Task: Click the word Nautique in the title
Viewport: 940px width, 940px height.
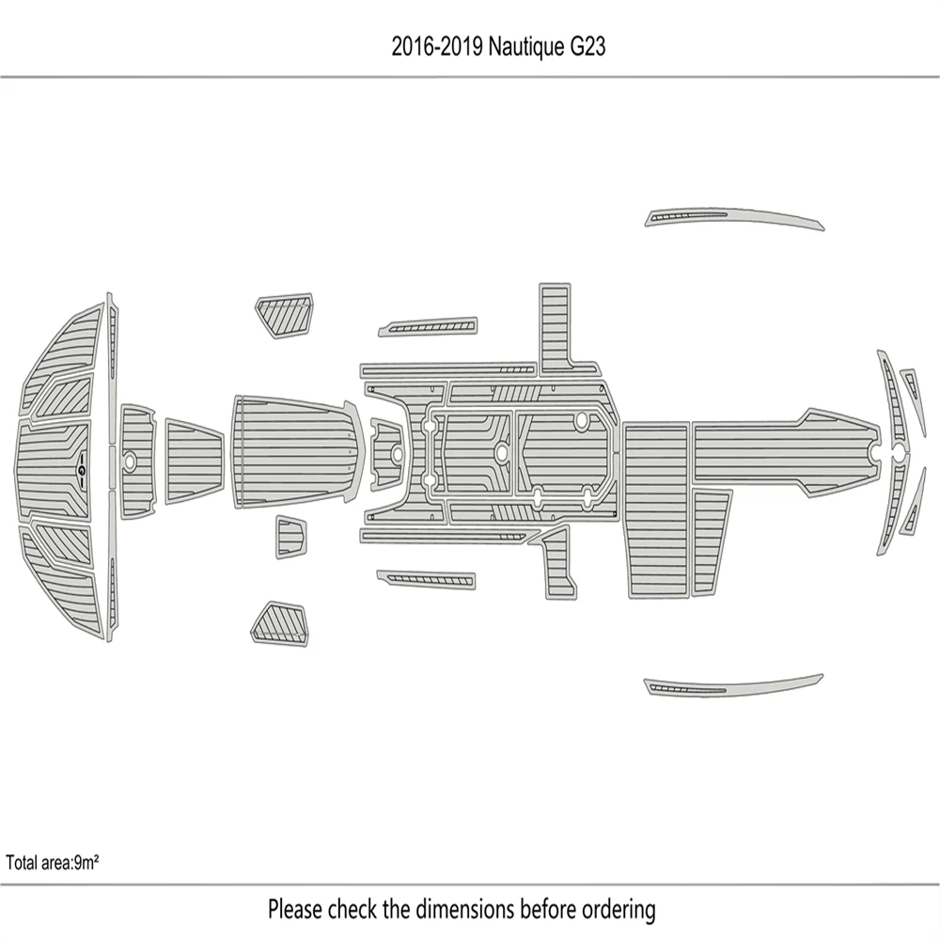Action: pos(525,47)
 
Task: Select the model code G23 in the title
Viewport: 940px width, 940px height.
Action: pos(587,46)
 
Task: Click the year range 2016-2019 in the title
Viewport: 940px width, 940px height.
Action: pos(437,46)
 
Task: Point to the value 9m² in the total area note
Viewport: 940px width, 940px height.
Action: pos(86,863)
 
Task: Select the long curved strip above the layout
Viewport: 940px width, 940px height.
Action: pos(734,218)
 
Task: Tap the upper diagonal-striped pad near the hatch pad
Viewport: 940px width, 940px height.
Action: pos(285,315)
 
